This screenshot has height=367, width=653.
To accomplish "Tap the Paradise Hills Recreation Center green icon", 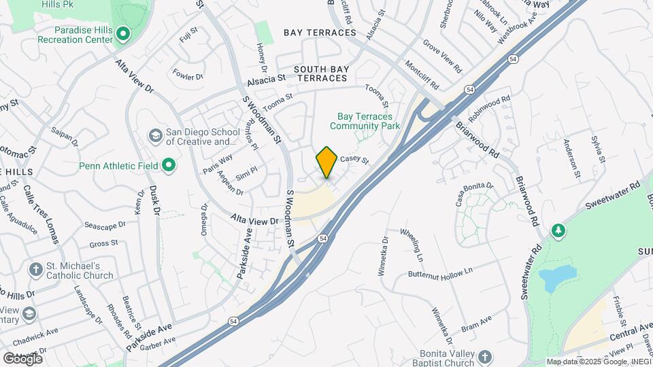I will [x=122, y=33].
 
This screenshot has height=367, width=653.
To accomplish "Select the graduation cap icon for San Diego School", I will [x=155, y=136].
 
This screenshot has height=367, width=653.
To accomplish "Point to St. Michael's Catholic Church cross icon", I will [x=35, y=270].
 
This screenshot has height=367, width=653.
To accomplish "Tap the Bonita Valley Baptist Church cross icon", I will [x=484, y=357].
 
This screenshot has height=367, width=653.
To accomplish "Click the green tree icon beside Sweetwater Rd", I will [x=558, y=231].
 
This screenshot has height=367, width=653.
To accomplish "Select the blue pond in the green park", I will [x=556, y=277].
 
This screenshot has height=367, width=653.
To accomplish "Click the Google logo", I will [x=22, y=359].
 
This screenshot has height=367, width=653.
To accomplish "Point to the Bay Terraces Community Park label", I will [x=365, y=121].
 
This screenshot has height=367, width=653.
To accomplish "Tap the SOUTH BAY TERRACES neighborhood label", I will [x=320, y=74].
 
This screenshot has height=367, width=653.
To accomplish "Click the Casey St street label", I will [x=354, y=160].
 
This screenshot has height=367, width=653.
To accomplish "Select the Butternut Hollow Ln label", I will [x=440, y=273].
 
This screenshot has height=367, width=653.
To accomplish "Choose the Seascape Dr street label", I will [x=105, y=224].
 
